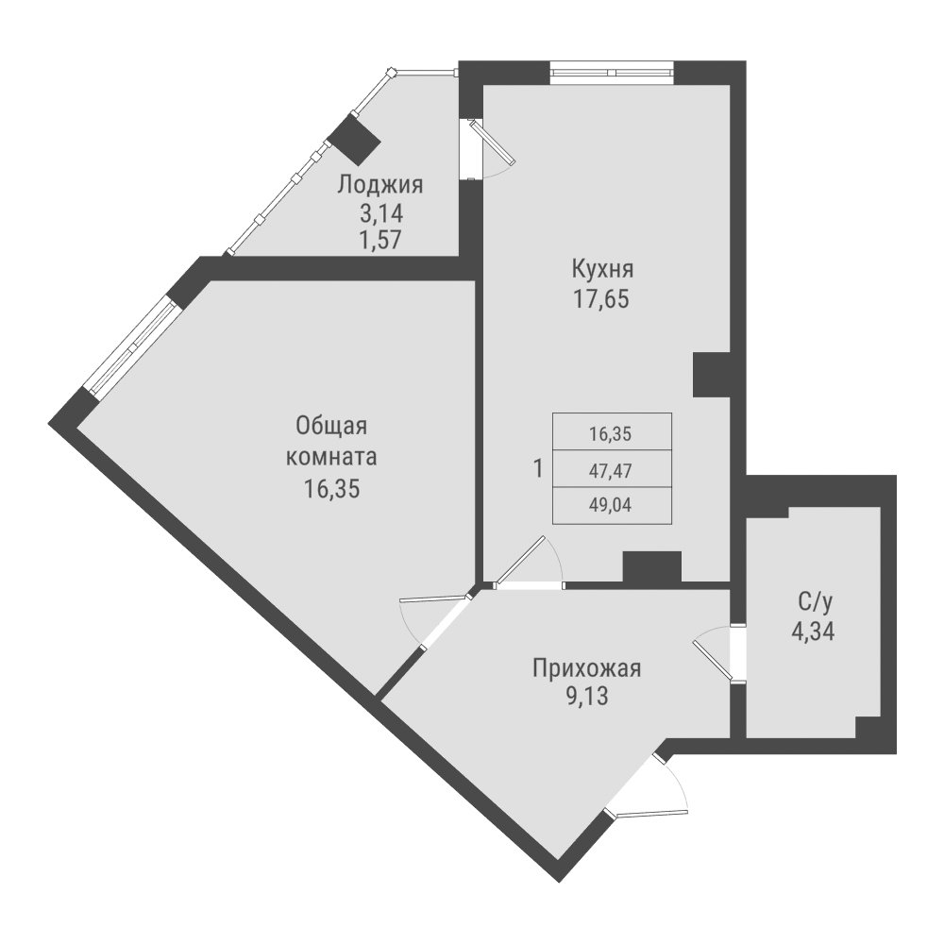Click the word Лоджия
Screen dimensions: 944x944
click(380, 185)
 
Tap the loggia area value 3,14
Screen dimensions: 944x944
click(380, 212)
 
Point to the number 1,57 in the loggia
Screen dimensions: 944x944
click(380, 239)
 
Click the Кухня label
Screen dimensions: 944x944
click(599, 270)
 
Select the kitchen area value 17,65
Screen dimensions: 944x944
click(599, 300)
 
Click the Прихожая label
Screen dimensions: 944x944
click(586, 669)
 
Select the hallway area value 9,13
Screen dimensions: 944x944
click(586, 700)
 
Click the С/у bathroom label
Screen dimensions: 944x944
click(813, 599)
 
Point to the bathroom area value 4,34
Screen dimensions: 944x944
click(813, 630)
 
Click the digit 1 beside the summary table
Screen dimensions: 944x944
click(538, 468)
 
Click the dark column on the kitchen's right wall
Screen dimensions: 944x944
click(712, 374)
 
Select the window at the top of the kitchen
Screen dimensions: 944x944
click(612, 72)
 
